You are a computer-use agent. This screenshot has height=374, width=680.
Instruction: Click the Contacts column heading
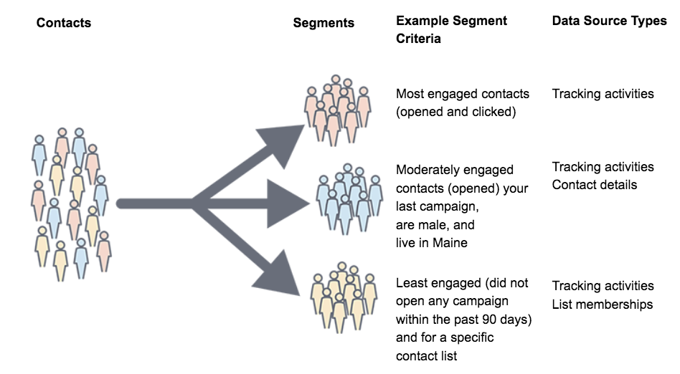click(x=64, y=23)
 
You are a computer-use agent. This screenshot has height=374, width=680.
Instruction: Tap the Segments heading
click(x=324, y=23)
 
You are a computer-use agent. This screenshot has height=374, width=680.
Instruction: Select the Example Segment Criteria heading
click(x=451, y=29)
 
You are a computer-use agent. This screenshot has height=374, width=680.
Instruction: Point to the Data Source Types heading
click(x=609, y=21)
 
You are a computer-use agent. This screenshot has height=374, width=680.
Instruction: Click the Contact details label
click(x=594, y=185)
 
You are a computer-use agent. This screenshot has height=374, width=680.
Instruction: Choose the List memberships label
click(x=602, y=305)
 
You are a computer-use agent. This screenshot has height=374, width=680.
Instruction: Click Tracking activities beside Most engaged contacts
click(x=603, y=93)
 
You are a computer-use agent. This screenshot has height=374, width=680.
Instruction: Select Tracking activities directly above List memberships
click(x=603, y=286)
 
